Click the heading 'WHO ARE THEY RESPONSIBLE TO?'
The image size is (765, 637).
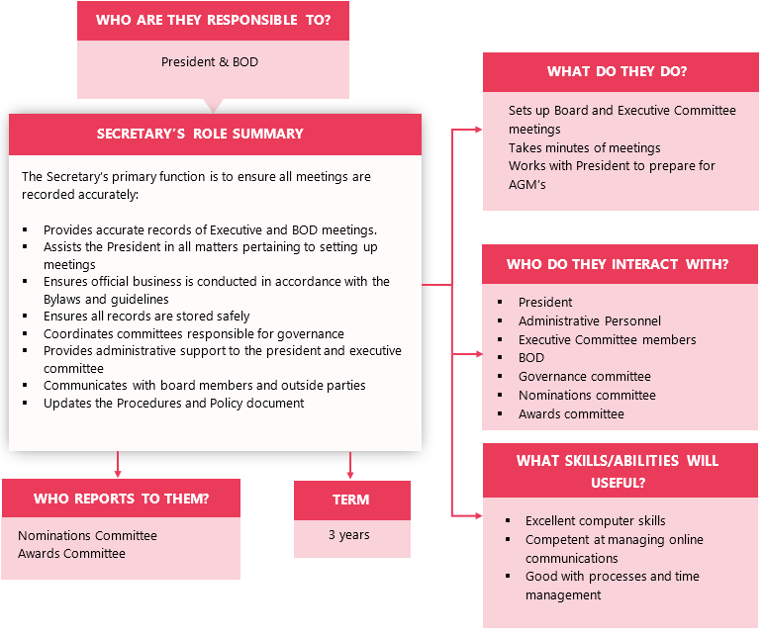tap(213, 20)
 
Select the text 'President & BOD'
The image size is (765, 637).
tap(210, 62)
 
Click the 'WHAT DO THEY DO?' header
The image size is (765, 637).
tap(618, 71)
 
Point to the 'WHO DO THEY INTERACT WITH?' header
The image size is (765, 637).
tap(618, 264)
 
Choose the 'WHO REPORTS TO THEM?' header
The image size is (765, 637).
tap(121, 499)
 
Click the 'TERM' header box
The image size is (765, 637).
tap(351, 500)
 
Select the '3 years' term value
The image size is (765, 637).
tap(349, 535)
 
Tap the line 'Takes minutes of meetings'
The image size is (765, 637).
tap(585, 147)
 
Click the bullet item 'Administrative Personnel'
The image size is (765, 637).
tap(590, 320)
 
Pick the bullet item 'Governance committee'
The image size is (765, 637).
tap(585, 376)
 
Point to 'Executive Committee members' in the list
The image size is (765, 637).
tap(608, 339)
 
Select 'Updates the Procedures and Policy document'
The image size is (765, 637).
tap(174, 404)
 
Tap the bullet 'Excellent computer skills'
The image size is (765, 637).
tap(596, 520)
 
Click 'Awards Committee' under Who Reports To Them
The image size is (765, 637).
tap(71, 554)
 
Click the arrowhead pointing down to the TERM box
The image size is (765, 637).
tap(350, 474)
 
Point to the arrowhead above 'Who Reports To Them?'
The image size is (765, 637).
tap(119, 472)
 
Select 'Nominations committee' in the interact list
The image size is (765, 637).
tap(587, 395)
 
